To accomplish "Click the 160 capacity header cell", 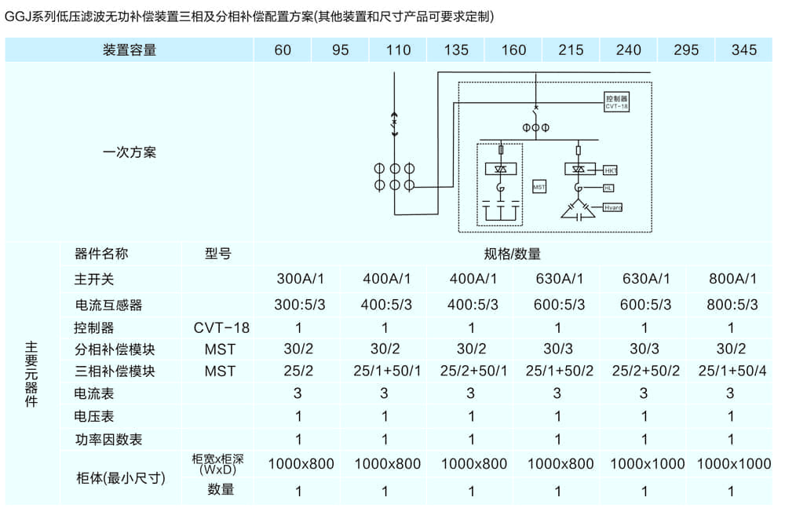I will pyautogui.click(x=513, y=50).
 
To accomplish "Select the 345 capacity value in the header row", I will pyautogui.click(x=743, y=50).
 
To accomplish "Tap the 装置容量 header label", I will pyautogui.click(x=130, y=50).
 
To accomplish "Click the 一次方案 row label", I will pyautogui.click(x=130, y=152).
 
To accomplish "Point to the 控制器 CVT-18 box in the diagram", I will pyautogui.click(x=617, y=101).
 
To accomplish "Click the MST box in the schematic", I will pyautogui.click(x=539, y=187).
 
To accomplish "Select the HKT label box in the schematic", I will pyautogui.click(x=611, y=170).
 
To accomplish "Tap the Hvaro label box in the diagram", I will pyautogui.click(x=612, y=207).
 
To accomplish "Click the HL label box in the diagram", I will pyautogui.click(x=608, y=188).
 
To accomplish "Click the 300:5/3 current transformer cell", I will pyautogui.click(x=298, y=305).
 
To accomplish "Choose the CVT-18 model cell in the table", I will pyautogui.click(x=221, y=327).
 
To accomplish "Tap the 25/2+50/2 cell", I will pyautogui.click(x=645, y=371).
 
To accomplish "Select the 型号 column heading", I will pyautogui.click(x=217, y=254).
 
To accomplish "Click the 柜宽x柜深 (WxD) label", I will pyautogui.click(x=218, y=464).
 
